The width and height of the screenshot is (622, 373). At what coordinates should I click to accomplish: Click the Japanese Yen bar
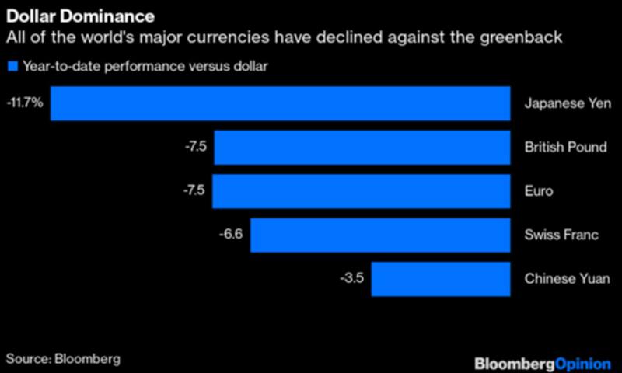(280, 103)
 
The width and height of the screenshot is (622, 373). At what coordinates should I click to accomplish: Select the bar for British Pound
(362, 148)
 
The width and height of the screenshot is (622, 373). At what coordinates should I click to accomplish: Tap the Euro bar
(361, 191)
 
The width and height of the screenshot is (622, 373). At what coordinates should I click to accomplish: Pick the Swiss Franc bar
(379, 235)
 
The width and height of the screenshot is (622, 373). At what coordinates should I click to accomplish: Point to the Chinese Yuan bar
(440, 279)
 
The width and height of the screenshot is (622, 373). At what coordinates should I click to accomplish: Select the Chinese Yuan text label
(564, 279)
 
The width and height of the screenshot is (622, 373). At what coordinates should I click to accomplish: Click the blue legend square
(12, 66)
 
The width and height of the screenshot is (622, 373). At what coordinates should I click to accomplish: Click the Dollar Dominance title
(80, 16)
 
